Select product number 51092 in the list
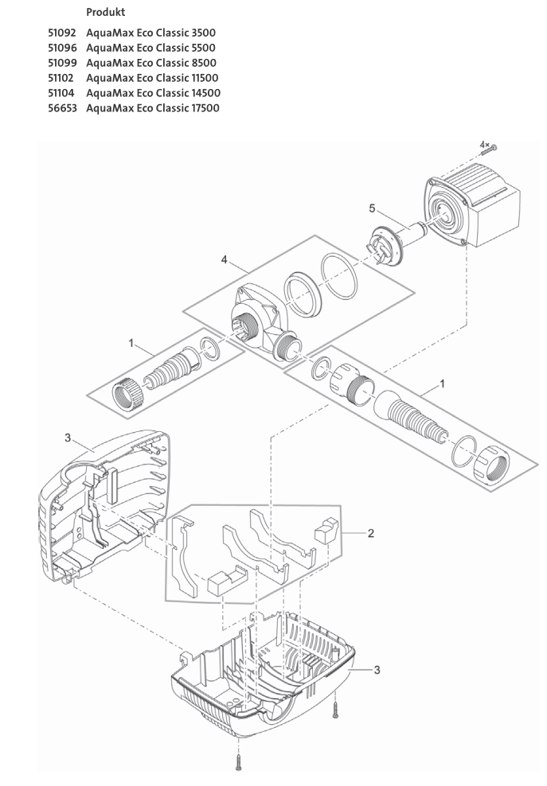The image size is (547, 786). (61, 33)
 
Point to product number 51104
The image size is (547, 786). (61, 93)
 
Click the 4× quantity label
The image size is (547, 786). (484, 144)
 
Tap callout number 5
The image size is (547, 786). (372, 209)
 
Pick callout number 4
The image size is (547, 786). (225, 259)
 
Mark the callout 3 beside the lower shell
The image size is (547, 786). (377, 669)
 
